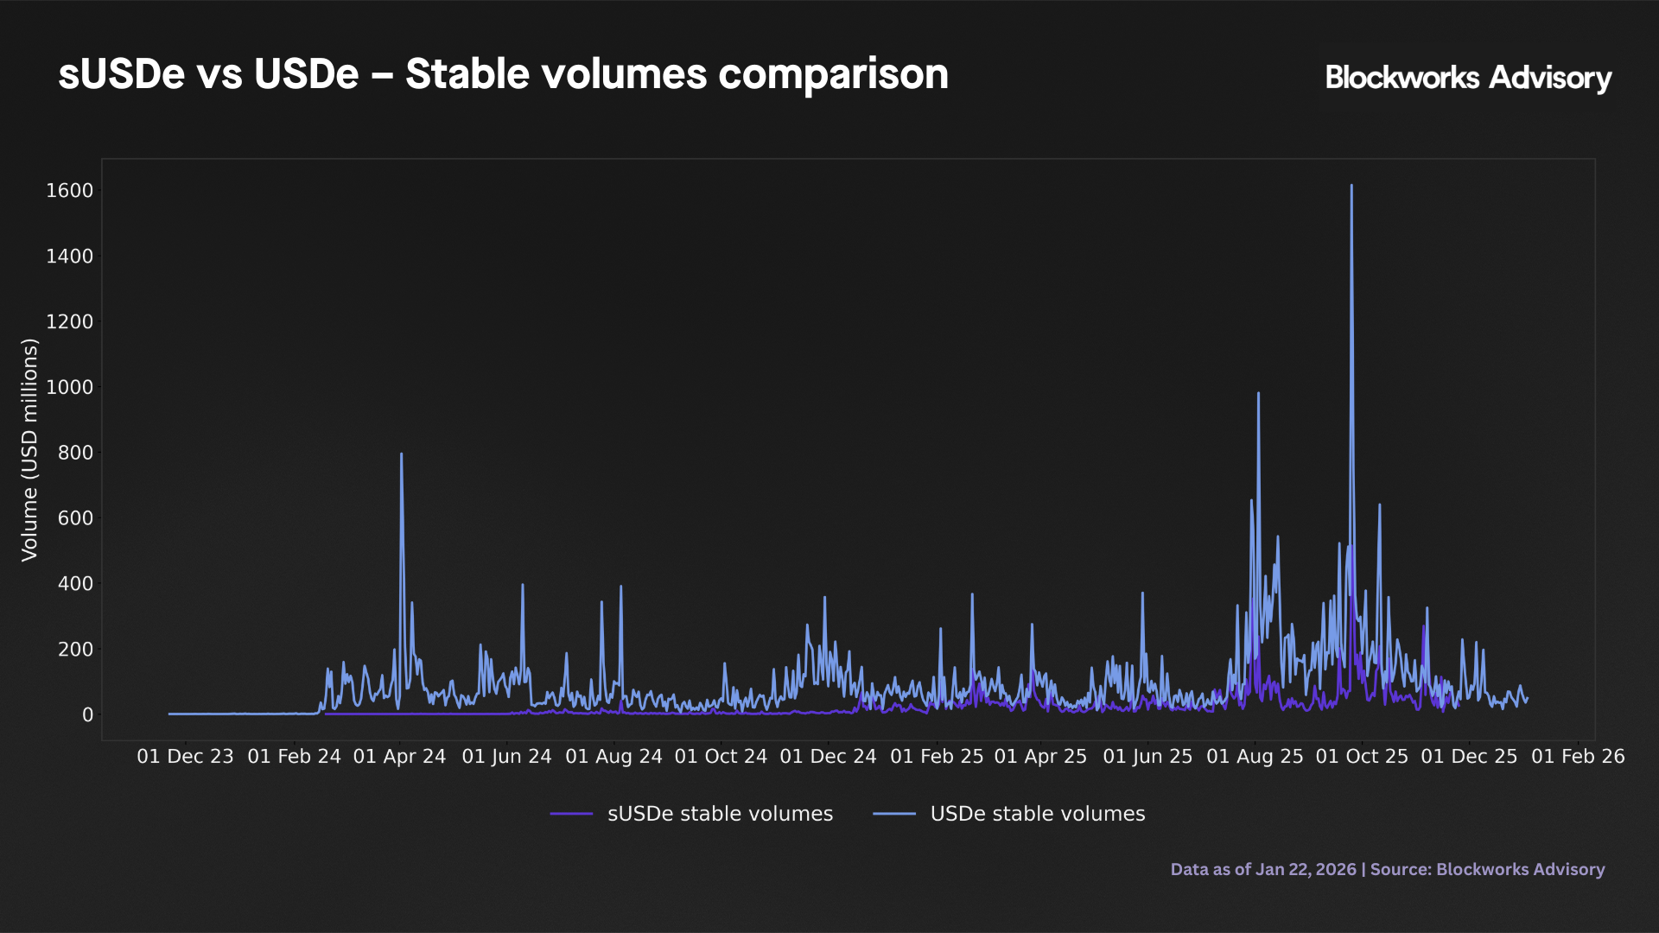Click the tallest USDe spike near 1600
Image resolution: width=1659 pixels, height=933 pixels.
point(1351,187)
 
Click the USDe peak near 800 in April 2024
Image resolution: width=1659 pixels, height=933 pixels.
point(401,455)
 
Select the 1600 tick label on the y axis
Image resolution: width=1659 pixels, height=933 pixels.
point(69,191)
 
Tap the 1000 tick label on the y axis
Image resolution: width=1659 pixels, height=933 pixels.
point(69,387)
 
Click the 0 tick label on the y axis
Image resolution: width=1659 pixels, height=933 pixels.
point(87,715)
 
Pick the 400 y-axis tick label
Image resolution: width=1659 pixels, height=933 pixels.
point(75,584)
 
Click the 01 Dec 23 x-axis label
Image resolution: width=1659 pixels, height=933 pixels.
point(185,757)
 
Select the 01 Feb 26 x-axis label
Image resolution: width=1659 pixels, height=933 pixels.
point(1578,757)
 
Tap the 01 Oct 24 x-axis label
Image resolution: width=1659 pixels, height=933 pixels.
point(721,757)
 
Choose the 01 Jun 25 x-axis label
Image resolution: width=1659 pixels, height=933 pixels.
point(1147,757)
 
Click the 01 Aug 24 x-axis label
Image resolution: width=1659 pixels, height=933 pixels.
point(613,757)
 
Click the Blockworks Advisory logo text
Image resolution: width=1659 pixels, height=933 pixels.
point(1468,78)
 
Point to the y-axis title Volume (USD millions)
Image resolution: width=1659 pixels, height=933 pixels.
point(30,450)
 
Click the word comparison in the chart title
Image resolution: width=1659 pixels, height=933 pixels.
point(833,74)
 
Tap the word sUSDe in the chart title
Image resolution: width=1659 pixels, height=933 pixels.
point(121,74)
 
